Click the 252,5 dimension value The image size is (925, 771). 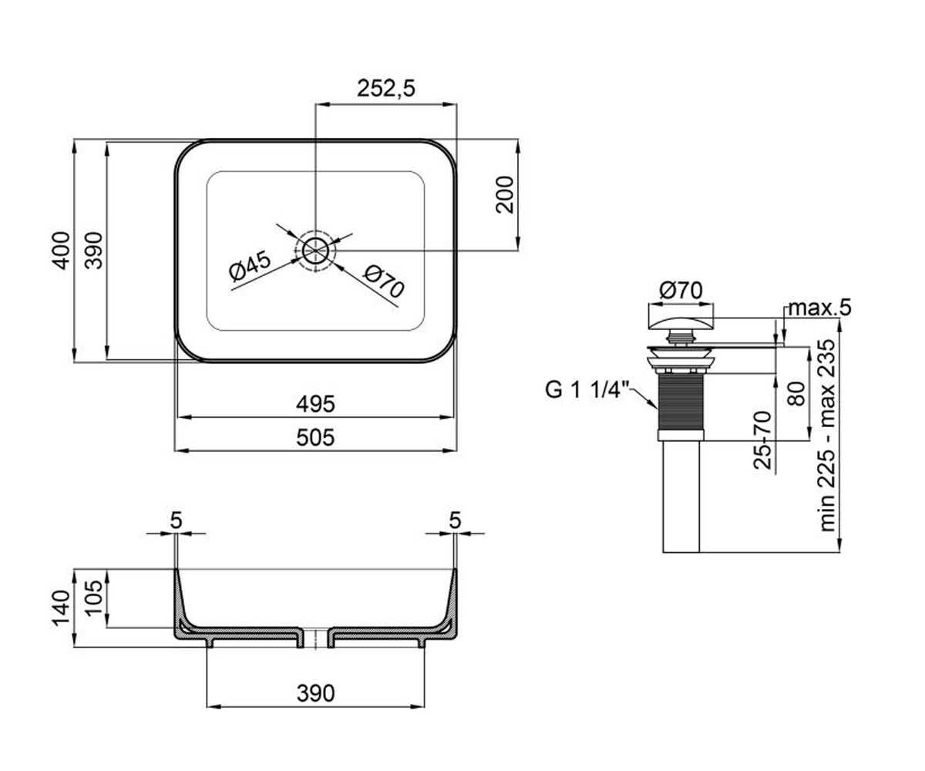coord(386,89)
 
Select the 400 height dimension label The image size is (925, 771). coord(61,251)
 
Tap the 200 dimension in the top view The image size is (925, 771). coord(505,194)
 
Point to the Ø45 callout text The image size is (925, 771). coord(251,266)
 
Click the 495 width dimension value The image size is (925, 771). coord(315,404)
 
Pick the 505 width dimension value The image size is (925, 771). coord(315,438)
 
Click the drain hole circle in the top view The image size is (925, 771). coord(315,251)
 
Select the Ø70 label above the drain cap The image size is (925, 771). coord(681,291)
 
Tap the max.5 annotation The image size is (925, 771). coord(819,308)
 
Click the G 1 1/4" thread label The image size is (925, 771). coord(587,390)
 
